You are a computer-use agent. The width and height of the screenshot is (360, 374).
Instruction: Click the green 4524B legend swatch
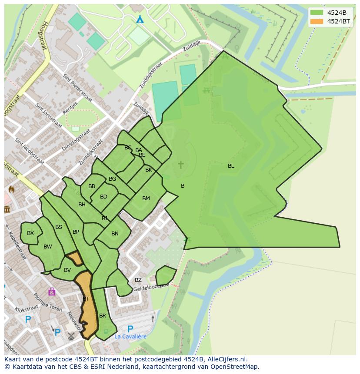(x=317, y=13)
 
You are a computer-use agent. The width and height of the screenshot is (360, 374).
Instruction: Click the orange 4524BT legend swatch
(x=317, y=21)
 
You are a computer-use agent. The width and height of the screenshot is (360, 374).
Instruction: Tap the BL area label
(x=231, y=165)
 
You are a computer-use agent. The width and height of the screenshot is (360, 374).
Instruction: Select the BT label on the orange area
(x=86, y=299)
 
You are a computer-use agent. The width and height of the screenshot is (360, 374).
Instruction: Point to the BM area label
(x=146, y=199)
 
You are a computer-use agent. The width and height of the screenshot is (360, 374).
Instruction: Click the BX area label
(x=30, y=233)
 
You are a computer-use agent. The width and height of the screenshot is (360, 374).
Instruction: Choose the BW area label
(x=48, y=247)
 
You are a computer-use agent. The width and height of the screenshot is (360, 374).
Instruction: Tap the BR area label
(x=103, y=316)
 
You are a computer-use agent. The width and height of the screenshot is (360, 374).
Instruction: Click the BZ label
(x=138, y=280)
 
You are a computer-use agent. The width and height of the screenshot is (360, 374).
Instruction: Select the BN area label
(x=115, y=234)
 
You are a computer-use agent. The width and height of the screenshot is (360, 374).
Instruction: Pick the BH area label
(x=82, y=205)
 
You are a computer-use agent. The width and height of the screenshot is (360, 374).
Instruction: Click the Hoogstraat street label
(x=44, y=36)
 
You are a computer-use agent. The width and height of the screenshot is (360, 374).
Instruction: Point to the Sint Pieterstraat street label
(x=78, y=88)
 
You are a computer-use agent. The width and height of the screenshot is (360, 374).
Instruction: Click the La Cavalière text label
(x=130, y=336)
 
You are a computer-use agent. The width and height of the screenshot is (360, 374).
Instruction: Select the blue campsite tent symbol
(x=140, y=20)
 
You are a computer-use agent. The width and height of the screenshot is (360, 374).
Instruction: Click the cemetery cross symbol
(x=180, y=165)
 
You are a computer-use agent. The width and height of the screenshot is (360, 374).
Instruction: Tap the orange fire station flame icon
(x=11, y=190)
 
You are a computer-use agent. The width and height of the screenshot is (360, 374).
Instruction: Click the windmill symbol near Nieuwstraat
(x=71, y=335)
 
